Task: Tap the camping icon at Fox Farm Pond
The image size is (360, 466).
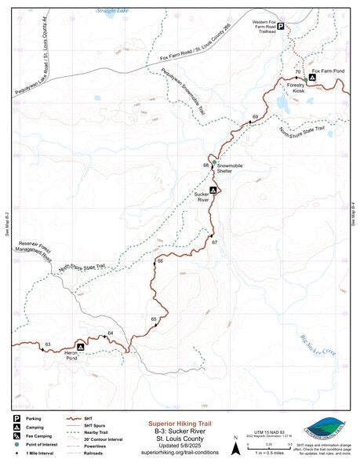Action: coord(312,78)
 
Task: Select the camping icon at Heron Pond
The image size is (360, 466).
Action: coord(80,346)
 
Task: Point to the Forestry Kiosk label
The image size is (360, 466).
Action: coord(296,89)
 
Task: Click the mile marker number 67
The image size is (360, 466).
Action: coord(214,242)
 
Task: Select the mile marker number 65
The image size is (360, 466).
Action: coord(154,319)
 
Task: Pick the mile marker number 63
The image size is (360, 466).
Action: coord(48,344)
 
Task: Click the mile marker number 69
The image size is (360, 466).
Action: coord(255,117)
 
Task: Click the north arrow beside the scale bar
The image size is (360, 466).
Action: coord(235,449)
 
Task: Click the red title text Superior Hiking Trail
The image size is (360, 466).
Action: coord(179,423)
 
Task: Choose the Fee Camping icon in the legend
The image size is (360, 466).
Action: coord(17,435)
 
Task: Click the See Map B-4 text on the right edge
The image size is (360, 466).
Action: coord(353,213)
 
